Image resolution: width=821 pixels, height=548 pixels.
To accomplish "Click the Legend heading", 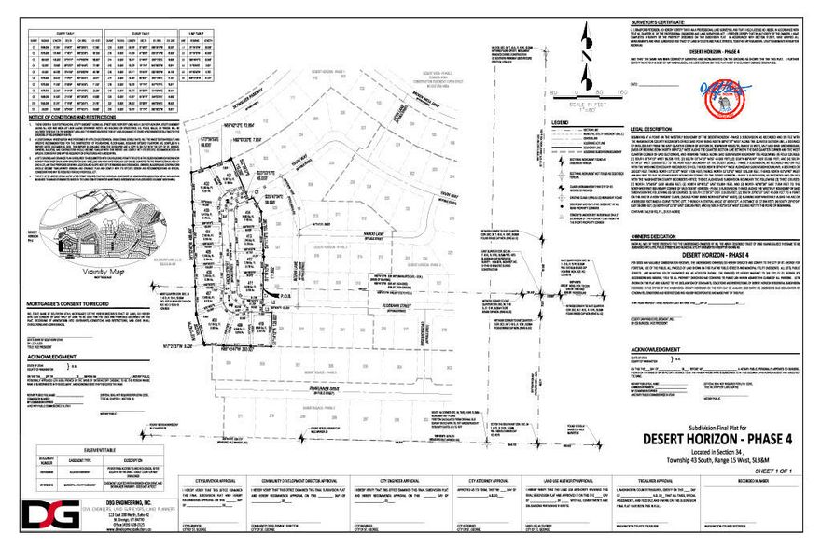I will pyautogui.click(x=564, y=122).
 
